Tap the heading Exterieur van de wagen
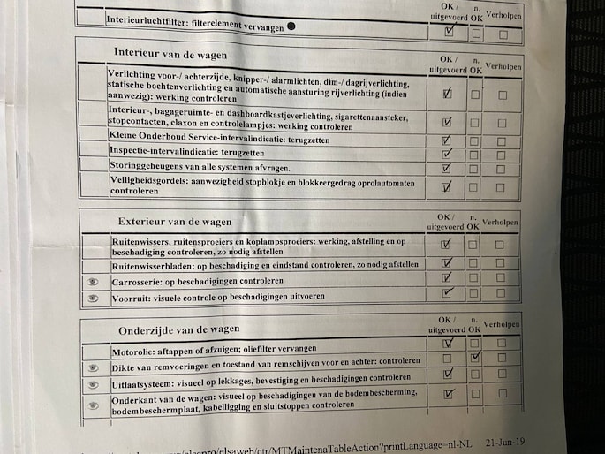[175, 221]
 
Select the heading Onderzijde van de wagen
[178, 329]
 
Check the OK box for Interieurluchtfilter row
[449, 30]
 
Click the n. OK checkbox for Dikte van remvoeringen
[476, 359]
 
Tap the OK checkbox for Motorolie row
[448, 344]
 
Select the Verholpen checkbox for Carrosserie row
[501, 279]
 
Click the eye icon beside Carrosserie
[93, 282]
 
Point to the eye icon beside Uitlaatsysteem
[93, 385]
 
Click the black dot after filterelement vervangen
[291, 27]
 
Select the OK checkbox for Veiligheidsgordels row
[447, 186]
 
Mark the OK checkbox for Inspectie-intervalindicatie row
[447, 154]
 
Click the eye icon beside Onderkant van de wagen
[93, 405]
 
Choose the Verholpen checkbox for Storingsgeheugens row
[501, 168]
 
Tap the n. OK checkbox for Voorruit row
[475, 294]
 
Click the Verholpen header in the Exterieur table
[501, 220]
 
